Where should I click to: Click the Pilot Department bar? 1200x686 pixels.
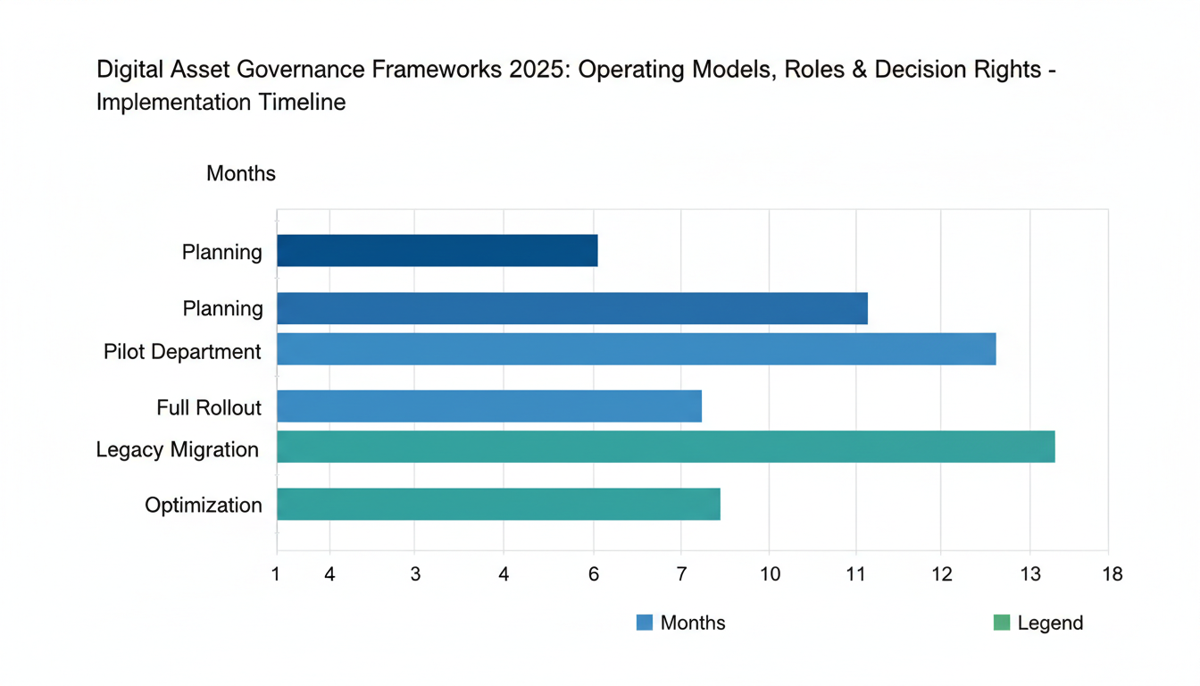point(636,349)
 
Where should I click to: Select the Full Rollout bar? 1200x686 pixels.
point(489,406)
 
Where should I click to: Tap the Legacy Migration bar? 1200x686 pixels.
point(665,447)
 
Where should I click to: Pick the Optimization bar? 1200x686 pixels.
point(498,504)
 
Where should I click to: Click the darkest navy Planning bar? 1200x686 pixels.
point(437,251)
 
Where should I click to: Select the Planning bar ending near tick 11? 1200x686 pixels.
point(571,308)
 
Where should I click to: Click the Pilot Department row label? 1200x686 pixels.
point(182,351)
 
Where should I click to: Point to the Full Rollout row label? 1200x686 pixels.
point(209,408)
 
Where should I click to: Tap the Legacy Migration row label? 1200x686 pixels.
point(178,449)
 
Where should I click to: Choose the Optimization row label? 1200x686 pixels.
point(204,506)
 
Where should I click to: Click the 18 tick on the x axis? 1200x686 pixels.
point(1112,574)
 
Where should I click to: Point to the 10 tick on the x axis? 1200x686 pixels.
point(770,574)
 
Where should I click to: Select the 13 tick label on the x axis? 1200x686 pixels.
point(1030,574)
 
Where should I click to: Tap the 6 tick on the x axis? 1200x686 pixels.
point(593,574)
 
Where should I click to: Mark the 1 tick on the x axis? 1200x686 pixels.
point(276,574)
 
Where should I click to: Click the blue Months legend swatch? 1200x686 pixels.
point(645,623)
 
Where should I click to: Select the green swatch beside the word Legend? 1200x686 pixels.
point(1001,623)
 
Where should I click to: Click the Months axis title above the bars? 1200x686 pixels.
point(241,173)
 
